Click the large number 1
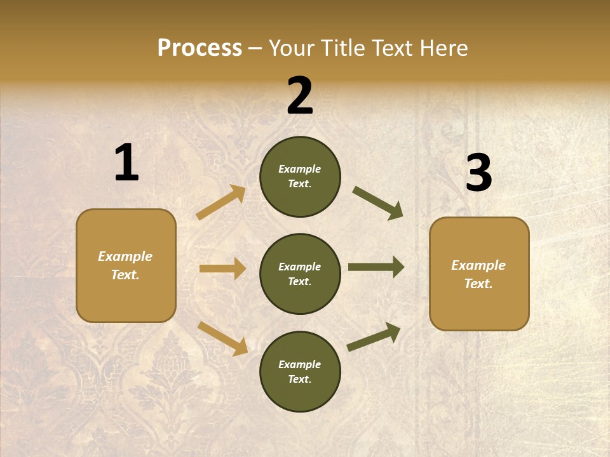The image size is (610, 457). [x=126, y=162]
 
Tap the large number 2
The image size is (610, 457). [x=300, y=96]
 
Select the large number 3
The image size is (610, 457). [x=478, y=173]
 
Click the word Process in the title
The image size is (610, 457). [x=200, y=48]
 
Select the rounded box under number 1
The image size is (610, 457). [x=126, y=265]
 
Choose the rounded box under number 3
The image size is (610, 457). [x=479, y=274]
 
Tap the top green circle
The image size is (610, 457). [x=300, y=176]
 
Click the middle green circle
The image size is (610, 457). [x=300, y=274]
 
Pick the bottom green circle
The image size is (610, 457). [x=300, y=372]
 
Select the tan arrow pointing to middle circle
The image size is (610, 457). [x=222, y=268]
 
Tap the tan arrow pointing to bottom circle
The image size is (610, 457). [x=222, y=338]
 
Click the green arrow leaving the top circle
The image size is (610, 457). [x=377, y=203]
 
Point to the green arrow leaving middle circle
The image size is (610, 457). [x=376, y=267]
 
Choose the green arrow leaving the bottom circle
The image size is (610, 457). [x=374, y=336]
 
